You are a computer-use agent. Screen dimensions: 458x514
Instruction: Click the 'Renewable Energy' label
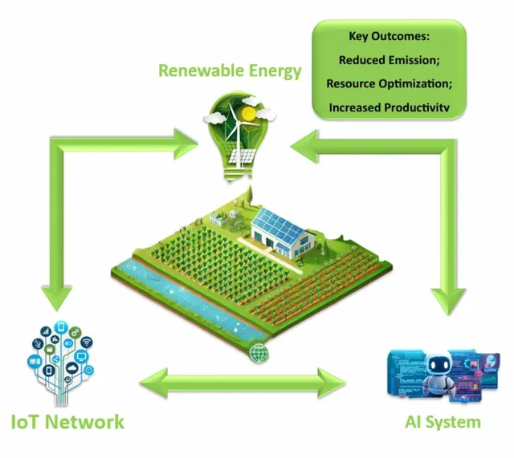(230, 71)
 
